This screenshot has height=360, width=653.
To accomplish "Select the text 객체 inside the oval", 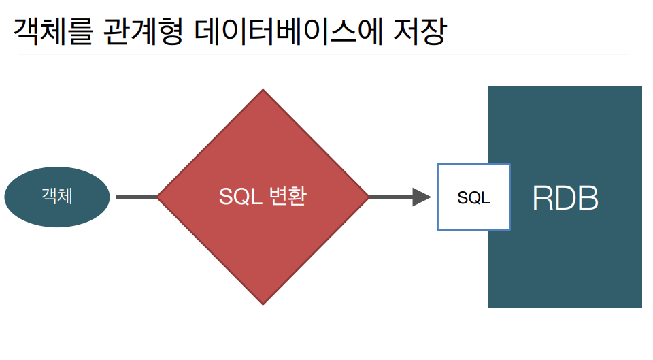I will (57, 197).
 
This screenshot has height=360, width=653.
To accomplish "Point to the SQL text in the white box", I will (473, 198).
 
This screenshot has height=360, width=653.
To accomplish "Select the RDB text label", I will (565, 198).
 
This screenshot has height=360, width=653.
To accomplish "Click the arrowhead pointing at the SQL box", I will (422, 197).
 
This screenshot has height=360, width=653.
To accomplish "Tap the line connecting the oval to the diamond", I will (137, 197).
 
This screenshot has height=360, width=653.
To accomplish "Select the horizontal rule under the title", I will (322, 53).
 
